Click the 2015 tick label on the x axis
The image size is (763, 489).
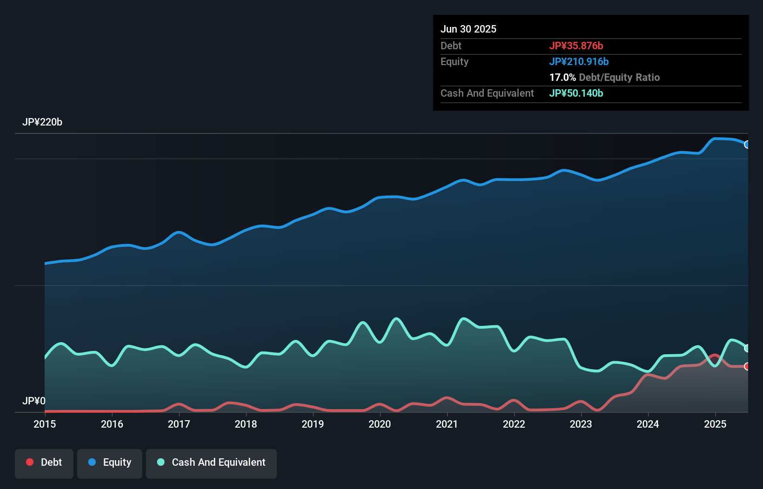[45, 424]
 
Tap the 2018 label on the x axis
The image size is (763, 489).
[246, 424]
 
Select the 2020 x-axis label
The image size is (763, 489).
[380, 424]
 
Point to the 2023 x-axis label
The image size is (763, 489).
[581, 424]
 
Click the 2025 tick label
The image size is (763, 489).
[715, 424]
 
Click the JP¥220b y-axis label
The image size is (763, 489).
[42, 122]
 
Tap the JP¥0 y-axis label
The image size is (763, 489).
[34, 401]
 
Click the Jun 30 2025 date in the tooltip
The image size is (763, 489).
[468, 29]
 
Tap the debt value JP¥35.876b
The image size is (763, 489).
[576, 46]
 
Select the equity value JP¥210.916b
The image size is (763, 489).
[579, 61]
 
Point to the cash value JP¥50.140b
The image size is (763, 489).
[576, 93]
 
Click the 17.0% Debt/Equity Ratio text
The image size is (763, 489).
[605, 77]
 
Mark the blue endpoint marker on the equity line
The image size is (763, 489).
[747, 145]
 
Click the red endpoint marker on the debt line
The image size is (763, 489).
[747, 366]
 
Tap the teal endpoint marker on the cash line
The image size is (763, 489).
[747, 348]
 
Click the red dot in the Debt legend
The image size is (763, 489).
[30, 462]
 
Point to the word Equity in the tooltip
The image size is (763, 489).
[454, 61]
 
